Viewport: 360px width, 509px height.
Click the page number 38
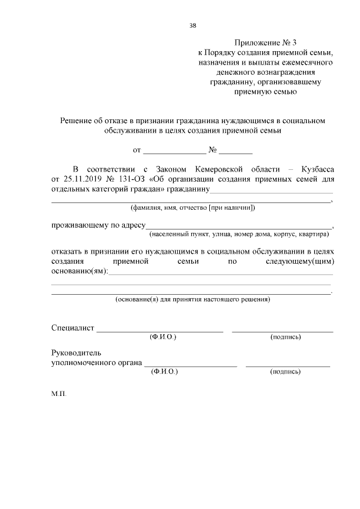pyautogui.click(x=193, y=25)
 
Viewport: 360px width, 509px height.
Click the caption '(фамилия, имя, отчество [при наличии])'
pyautogui.click(x=192, y=208)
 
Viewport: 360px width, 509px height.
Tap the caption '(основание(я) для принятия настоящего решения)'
pyautogui.click(x=192, y=300)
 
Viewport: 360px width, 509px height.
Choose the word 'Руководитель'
pyautogui.click(x=76, y=353)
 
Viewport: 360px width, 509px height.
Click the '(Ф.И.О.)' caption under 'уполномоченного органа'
pyautogui.click(x=164, y=372)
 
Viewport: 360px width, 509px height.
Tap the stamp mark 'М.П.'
pyautogui.click(x=58, y=394)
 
